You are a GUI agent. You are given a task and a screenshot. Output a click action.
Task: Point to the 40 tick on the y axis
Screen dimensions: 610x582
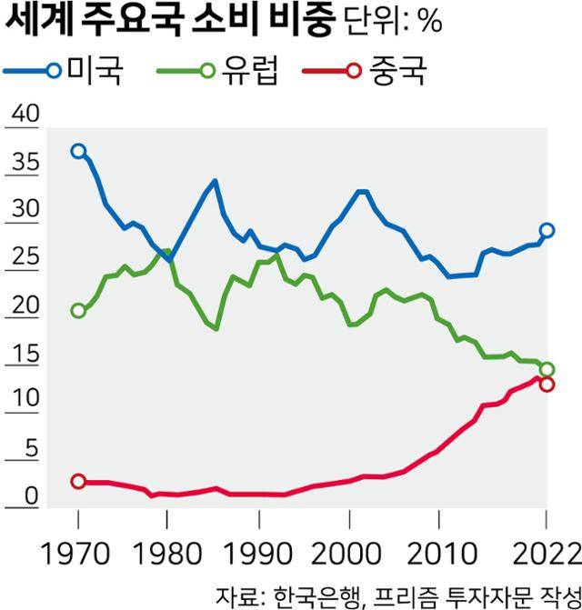(x=24, y=115)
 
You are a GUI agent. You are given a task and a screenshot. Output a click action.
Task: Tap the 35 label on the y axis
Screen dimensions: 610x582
(x=24, y=164)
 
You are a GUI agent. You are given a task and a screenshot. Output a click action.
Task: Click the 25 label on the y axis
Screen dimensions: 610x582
(x=24, y=259)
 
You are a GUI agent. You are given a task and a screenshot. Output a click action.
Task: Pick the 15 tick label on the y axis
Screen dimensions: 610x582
(x=24, y=355)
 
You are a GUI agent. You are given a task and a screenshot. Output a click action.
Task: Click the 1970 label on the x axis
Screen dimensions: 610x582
(x=78, y=554)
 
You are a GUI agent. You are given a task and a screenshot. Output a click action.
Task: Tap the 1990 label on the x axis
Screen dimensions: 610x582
(x=259, y=554)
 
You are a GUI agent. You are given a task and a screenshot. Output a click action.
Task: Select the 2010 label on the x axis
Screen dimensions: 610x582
(x=439, y=554)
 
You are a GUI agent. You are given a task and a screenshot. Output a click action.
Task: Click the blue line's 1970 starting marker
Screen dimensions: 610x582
(x=78, y=151)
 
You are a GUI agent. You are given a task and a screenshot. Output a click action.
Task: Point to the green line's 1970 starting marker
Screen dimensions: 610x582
(x=78, y=311)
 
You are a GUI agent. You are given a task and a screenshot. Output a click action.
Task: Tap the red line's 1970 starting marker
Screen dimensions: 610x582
(x=78, y=481)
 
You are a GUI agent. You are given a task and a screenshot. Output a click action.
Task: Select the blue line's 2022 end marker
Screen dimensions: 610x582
(x=547, y=231)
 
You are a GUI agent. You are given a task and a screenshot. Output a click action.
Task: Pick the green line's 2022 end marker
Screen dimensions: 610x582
(x=547, y=369)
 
